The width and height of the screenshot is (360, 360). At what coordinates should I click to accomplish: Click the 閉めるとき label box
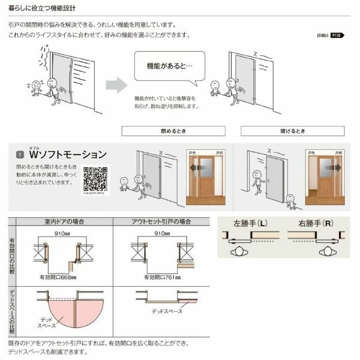173,130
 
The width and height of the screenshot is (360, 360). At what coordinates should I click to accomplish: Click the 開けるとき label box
292,130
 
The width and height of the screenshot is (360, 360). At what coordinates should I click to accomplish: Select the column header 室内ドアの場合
65,221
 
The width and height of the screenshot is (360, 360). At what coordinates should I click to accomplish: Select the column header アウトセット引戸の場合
160,221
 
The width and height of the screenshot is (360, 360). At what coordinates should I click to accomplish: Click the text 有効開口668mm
61,277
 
